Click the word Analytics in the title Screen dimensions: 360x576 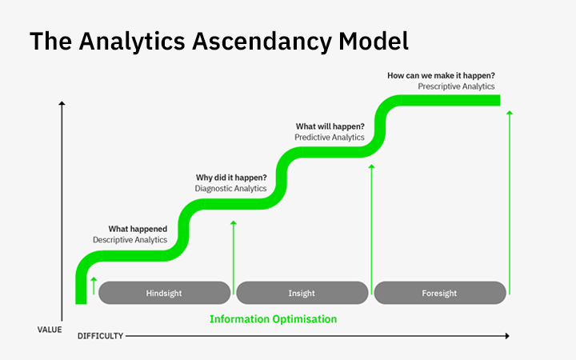point(122,42)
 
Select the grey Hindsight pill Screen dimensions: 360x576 point(164,293)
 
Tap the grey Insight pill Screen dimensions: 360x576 point(302,293)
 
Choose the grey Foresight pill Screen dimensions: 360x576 point(439,293)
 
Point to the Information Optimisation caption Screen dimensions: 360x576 point(273,318)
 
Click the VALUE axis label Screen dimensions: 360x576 point(49,329)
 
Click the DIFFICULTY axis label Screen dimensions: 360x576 point(100,336)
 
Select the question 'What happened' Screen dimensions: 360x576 point(138,229)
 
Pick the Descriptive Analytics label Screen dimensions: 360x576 point(130,239)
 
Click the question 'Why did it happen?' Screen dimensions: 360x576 point(231,178)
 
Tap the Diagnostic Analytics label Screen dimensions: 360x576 point(230,188)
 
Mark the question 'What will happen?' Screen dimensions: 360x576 point(330,126)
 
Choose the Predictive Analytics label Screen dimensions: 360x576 point(330,137)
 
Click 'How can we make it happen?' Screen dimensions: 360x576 point(441,75)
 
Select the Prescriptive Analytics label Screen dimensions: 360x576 point(456,86)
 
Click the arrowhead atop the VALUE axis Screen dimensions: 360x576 point(62,104)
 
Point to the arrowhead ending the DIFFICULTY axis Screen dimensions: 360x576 point(506,336)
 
